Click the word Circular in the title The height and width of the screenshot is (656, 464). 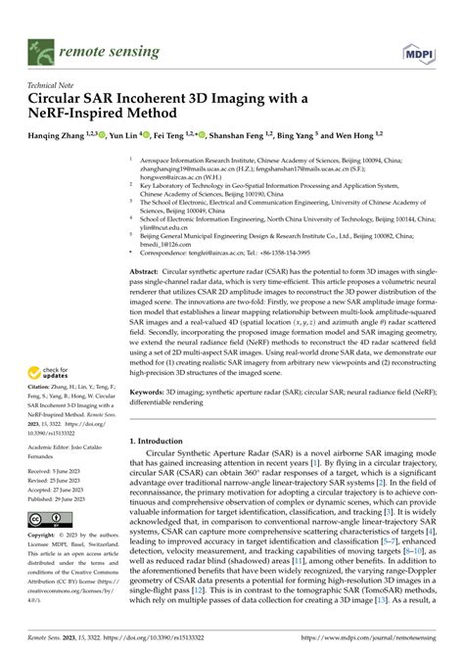pos(64,99)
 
